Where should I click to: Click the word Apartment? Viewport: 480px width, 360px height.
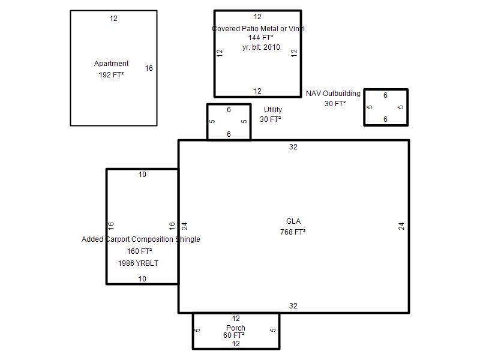111,64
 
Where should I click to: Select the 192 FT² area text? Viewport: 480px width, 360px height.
111,74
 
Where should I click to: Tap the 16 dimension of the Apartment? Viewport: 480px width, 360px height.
149,68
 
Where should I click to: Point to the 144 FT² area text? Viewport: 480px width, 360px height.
260,38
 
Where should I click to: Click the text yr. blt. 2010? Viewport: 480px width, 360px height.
261,47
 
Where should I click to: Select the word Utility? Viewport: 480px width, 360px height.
273,110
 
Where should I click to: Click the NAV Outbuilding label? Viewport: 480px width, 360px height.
333,94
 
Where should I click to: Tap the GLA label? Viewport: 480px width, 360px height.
293,221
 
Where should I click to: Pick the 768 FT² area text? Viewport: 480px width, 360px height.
293,232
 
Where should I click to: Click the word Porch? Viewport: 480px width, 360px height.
236,328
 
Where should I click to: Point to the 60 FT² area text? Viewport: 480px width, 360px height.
233,335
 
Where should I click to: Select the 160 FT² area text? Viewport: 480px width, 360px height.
140,251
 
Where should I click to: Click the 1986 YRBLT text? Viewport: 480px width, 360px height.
138,263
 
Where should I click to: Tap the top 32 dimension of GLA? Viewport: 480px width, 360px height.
293,147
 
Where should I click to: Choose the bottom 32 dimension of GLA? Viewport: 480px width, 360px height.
293,306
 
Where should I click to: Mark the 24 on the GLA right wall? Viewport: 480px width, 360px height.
401,226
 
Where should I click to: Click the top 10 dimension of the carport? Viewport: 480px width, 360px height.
142,175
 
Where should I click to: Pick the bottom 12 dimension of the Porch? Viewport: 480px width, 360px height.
236,344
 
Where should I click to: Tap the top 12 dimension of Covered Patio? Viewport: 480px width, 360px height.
257,17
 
